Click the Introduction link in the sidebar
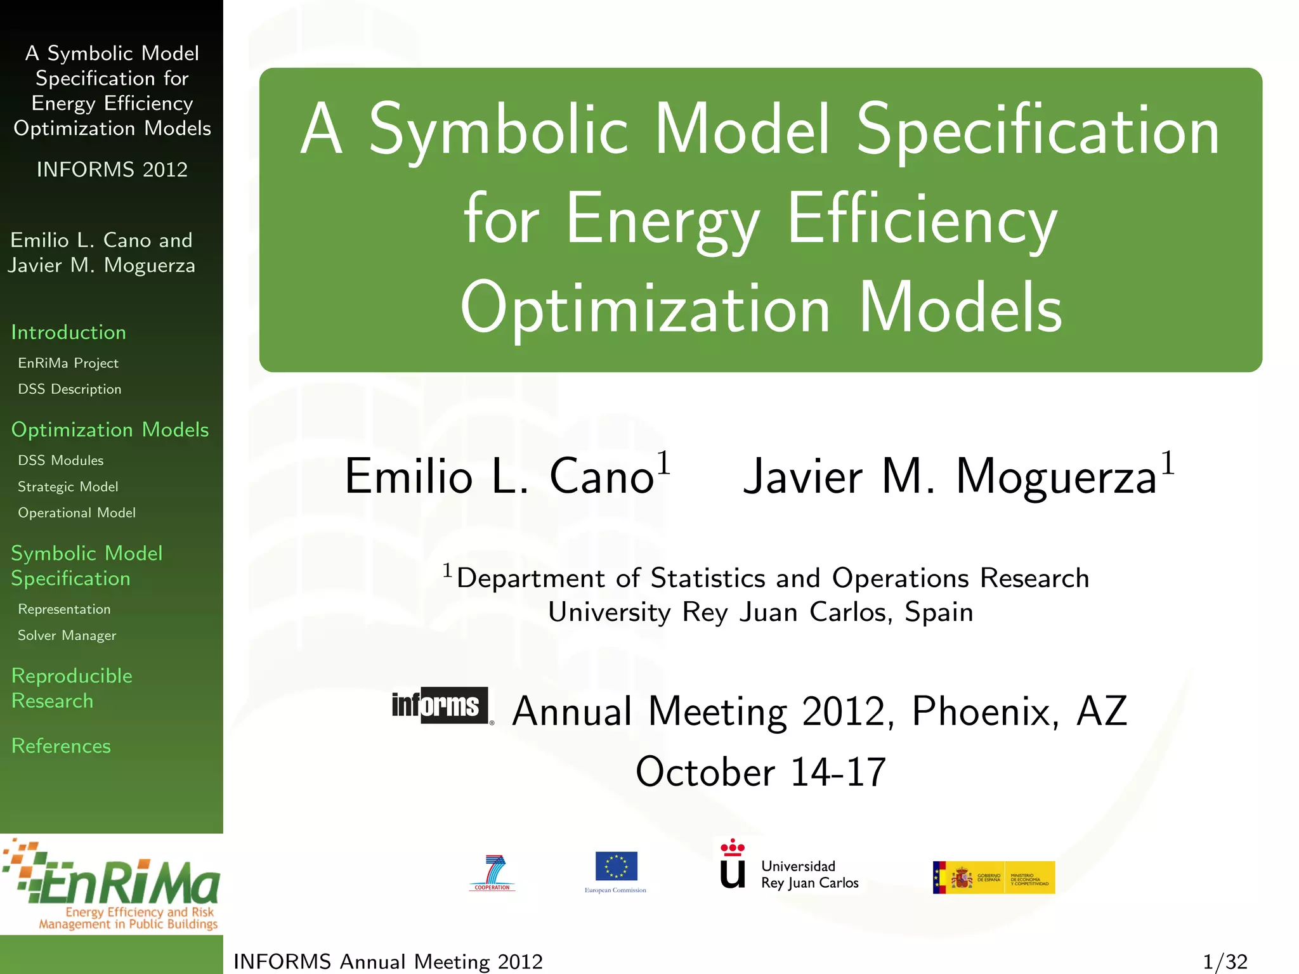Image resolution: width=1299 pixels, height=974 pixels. [69, 332]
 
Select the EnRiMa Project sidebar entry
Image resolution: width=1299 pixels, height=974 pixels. [68, 363]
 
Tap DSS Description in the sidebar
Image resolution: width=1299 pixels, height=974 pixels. [69, 389]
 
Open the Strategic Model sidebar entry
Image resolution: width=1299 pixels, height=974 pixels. [68, 487]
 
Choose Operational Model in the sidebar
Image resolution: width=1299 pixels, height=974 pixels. [77, 513]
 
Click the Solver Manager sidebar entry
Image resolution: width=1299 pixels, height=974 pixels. [67, 635]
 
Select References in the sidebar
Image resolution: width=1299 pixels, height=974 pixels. [61, 746]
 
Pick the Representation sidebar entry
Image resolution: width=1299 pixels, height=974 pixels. [64, 609]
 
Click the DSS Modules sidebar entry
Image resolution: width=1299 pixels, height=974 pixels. [60, 460]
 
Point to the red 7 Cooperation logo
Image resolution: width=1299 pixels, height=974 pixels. [493, 873]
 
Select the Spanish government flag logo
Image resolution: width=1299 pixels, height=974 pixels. [993, 878]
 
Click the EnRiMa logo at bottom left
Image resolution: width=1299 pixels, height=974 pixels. [112, 884]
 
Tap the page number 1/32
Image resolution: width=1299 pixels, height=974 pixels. [1224, 961]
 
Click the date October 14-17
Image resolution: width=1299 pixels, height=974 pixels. [760, 772]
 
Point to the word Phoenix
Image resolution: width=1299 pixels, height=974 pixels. [985, 711]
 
